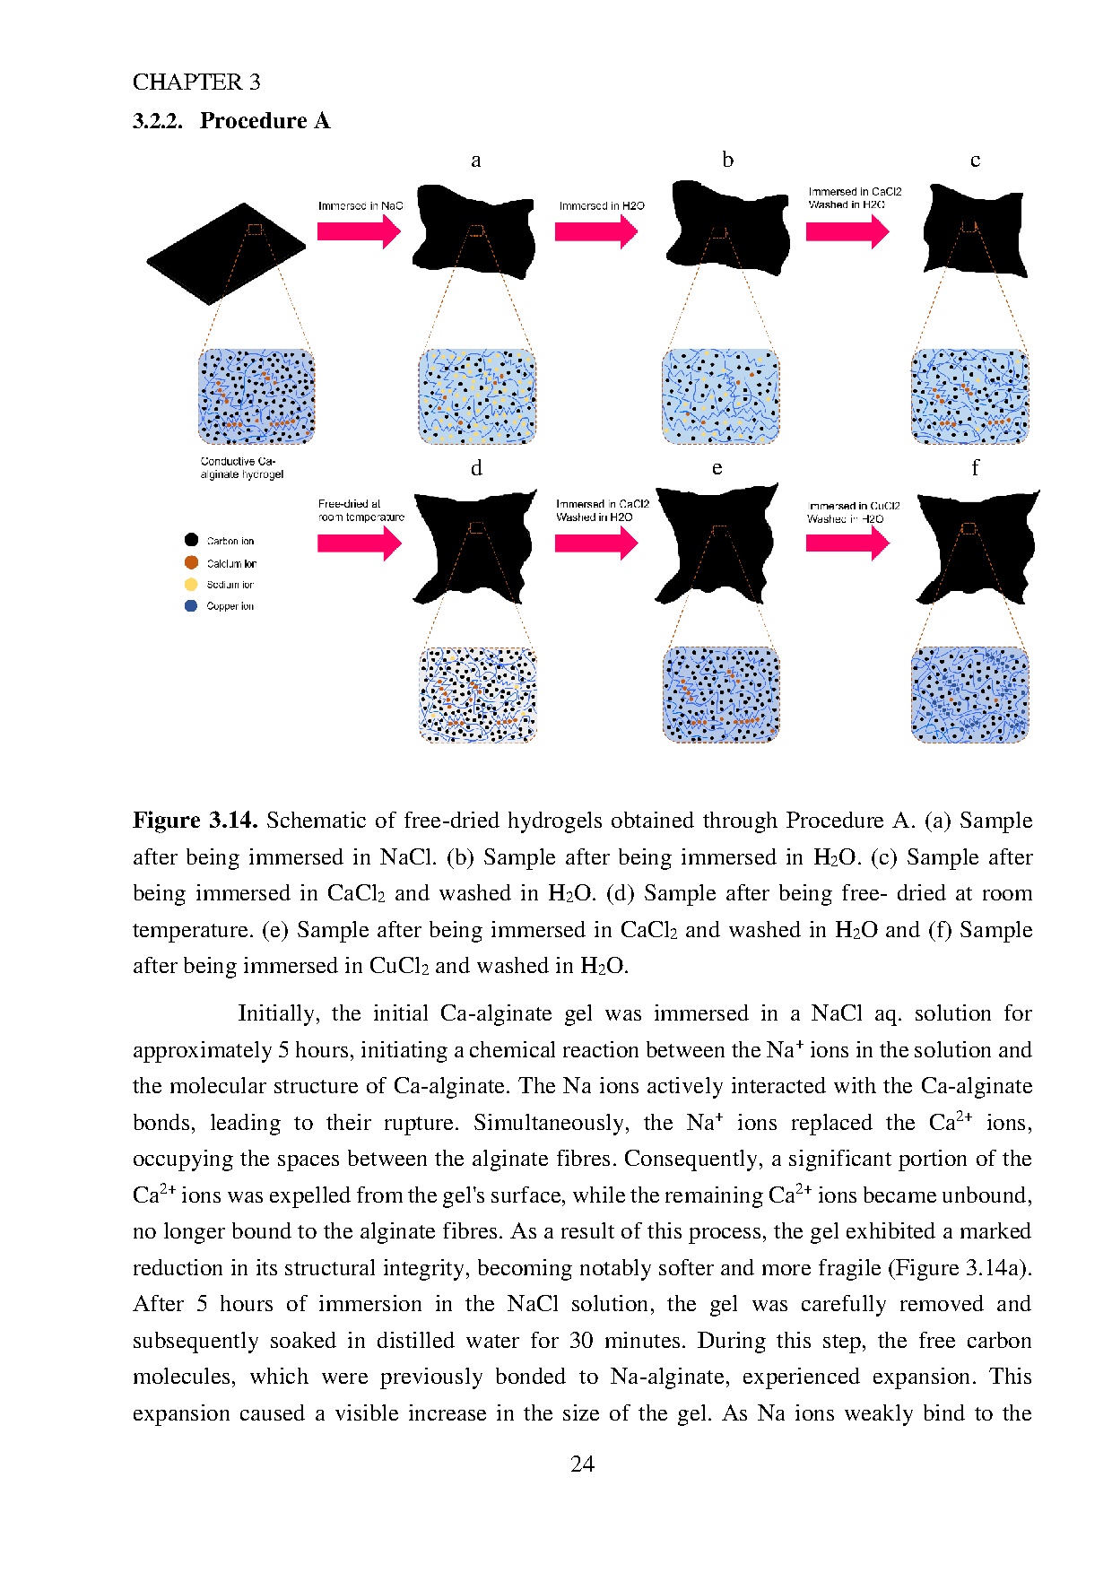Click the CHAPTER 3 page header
[196, 83]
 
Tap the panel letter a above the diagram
[476, 161]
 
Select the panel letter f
[975, 468]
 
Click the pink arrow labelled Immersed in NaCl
[359, 231]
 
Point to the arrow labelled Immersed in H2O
[595, 231]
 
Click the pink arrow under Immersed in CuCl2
[847, 542]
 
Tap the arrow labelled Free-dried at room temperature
[359, 543]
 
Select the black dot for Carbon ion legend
[191, 540]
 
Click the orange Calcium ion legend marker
[191, 562]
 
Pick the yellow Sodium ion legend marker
[191, 584]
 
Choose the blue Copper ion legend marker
[191, 605]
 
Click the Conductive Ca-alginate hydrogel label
[241, 468]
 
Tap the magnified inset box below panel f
[969, 694]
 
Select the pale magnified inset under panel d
[477, 694]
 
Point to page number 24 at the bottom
[582, 1464]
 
